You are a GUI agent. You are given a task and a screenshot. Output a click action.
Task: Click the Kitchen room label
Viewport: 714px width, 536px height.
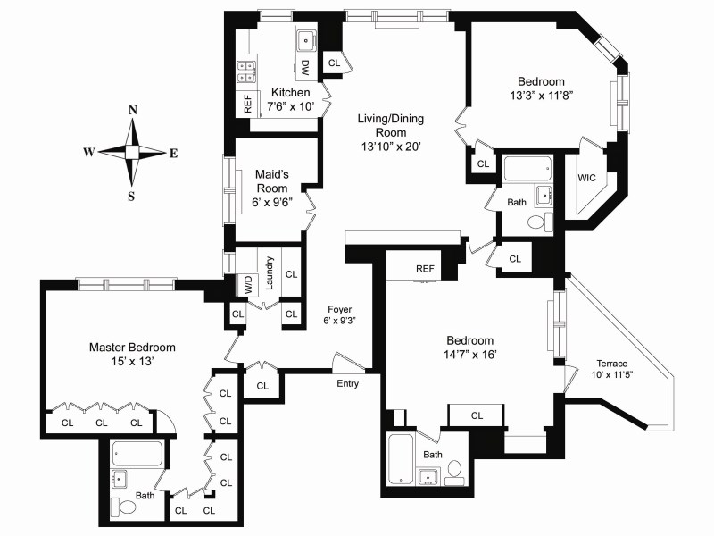coord(291,92)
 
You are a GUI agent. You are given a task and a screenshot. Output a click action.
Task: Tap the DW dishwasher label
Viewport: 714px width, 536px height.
coord(304,67)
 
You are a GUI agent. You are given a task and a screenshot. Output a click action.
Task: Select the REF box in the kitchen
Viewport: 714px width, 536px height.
coord(245,103)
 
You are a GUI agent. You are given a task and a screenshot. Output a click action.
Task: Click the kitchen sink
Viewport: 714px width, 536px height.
coord(306,39)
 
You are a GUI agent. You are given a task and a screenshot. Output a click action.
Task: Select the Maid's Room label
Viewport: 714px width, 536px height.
coord(272,181)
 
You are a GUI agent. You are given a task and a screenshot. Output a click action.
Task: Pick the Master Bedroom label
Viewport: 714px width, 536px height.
coord(132,348)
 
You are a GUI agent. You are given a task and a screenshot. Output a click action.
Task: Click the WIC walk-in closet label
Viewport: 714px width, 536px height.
coord(586,178)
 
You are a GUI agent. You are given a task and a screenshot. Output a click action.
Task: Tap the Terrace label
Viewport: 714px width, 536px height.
coord(611,364)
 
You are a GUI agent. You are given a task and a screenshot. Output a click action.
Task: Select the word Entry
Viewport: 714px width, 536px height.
coord(348,383)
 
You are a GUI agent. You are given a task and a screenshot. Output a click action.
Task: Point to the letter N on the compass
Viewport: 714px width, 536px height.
coord(133,110)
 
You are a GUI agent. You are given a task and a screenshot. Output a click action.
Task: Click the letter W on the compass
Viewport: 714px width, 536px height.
coord(89,153)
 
